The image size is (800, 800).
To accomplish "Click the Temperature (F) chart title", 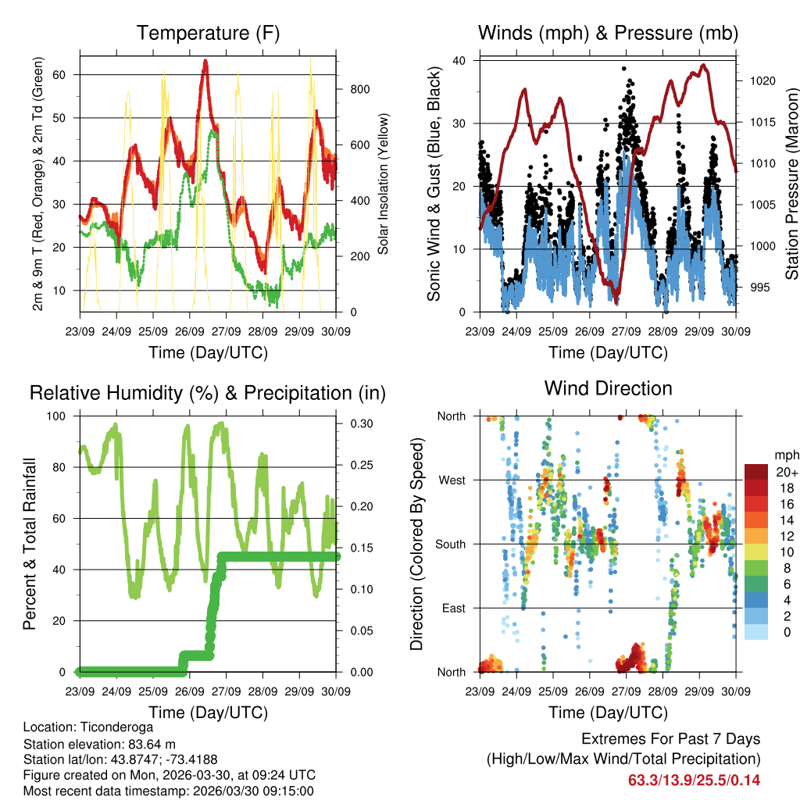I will click(208, 34).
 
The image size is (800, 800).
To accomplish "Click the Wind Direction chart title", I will click(608, 388).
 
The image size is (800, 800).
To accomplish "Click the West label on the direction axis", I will click(451, 480).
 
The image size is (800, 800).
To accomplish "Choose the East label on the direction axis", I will click(452, 608).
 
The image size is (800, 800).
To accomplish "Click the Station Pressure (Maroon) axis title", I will click(791, 184).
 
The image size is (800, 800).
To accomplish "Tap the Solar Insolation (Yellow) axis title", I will click(384, 184).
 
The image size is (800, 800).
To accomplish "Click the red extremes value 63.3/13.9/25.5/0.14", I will click(694, 780).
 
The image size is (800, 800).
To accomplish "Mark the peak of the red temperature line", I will click(205, 61).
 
